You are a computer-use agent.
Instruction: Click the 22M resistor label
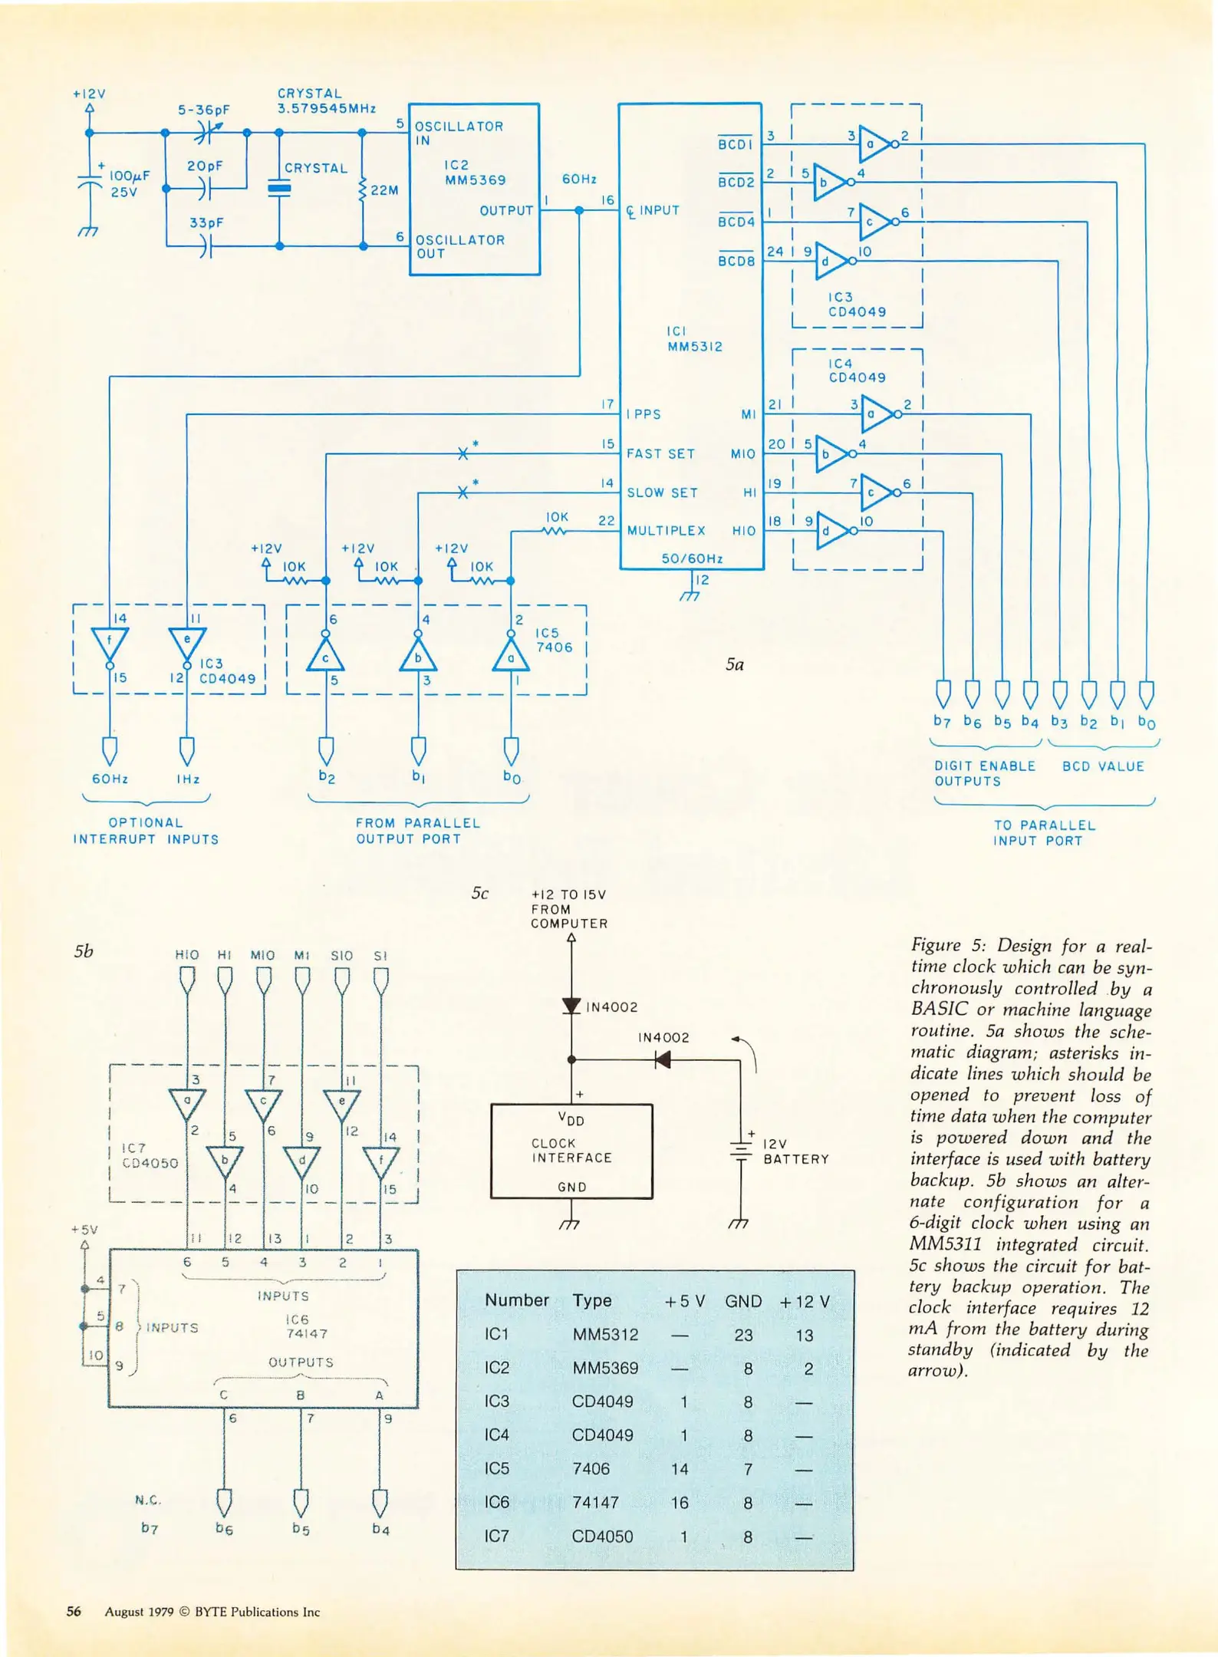pyautogui.click(x=384, y=190)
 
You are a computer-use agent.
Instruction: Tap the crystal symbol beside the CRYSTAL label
pyautogui.click(x=279, y=188)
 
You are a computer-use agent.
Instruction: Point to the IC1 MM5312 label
pyautogui.click(x=694, y=339)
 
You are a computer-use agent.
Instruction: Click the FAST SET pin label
pyautogui.click(x=660, y=454)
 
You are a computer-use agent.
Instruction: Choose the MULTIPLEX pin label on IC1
pyautogui.click(x=666, y=531)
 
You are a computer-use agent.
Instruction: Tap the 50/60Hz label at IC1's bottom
pyautogui.click(x=692, y=558)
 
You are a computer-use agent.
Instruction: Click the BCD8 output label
pyautogui.click(x=736, y=260)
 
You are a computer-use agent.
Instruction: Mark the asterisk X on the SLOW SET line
pyautogui.click(x=463, y=492)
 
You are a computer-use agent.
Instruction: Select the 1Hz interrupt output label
pyautogui.click(x=188, y=779)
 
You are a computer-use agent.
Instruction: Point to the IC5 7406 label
pyautogui.click(x=554, y=641)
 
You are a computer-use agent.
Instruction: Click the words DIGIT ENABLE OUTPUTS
pyautogui.click(x=984, y=773)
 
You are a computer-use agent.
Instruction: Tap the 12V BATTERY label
pyautogui.click(x=795, y=1151)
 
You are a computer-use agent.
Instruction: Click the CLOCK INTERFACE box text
pyautogui.click(x=571, y=1151)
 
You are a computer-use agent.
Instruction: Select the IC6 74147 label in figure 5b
pyautogui.click(x=306, y=1326)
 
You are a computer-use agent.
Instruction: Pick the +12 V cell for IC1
pyautogui.click(x=804, y=1336)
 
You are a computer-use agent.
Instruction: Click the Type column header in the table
pyautogui.click(x=591, y=1300)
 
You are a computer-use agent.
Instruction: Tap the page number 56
pyautogui.click(x=74, y=1612)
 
